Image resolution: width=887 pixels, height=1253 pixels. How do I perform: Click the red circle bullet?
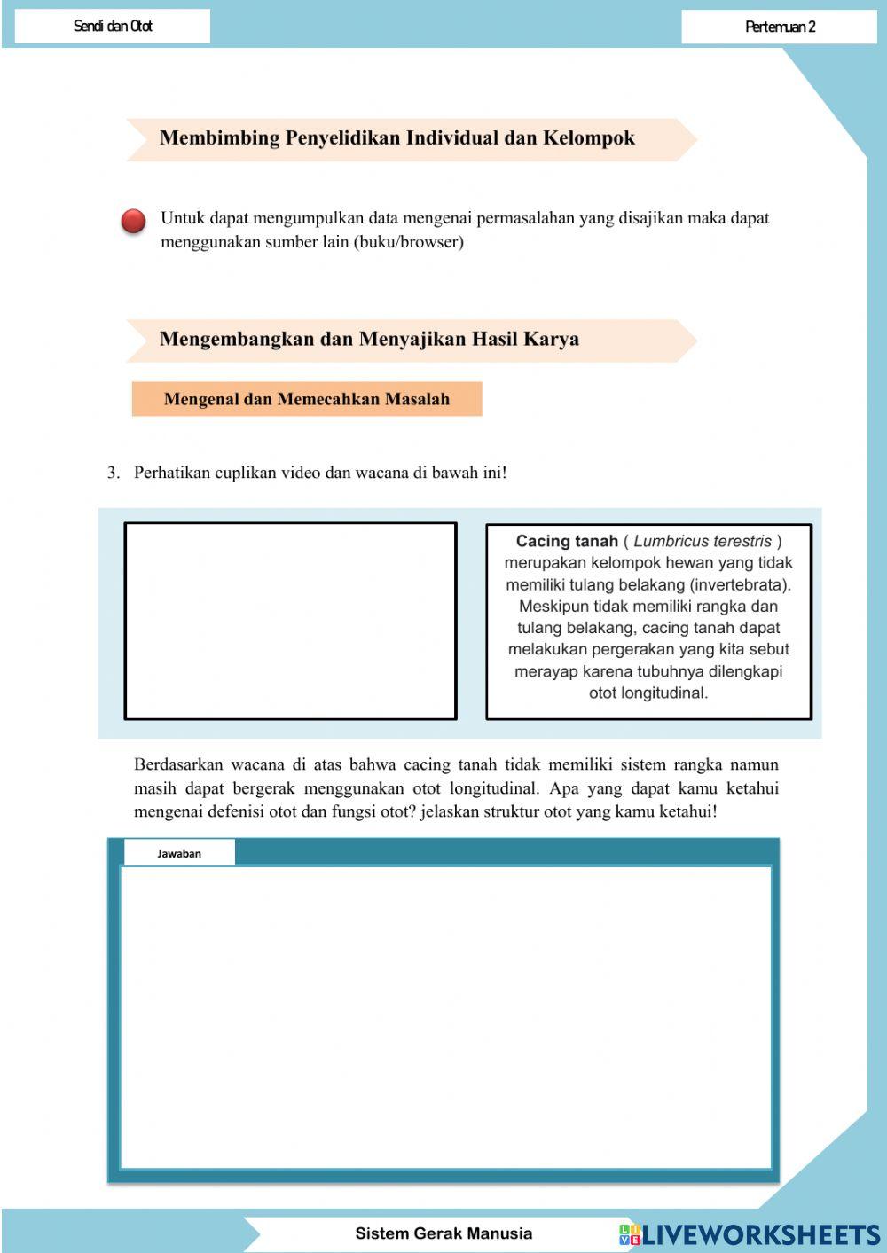pyautogui.click(x=133, y=221)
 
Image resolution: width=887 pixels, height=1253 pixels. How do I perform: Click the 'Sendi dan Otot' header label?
pyautogui.click(x=113, y=26)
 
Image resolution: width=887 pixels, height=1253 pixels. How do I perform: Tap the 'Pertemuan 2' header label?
pyautogui.click(x=780, y=27)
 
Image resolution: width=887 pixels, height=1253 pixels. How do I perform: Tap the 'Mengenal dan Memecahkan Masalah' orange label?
pyautogui.click(x=306, y=399)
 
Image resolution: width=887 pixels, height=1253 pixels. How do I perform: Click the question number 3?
pyautogui.click(x=113, y=473)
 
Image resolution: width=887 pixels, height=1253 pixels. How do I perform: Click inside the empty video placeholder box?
pyautogui.click(x=290, y=621)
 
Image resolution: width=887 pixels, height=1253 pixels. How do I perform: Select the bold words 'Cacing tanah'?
pyautogui.click(x=566, y=541)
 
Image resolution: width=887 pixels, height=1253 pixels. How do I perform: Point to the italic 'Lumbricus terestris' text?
pyautogui.click(x=703, y=541)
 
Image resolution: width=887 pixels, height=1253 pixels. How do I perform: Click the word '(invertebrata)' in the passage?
pyautogui.click(x=740, y=584)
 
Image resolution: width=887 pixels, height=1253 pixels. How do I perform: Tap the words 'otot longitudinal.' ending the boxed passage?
pyautogui.click(x=648, y=693)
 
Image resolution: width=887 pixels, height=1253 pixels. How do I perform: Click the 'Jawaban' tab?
pyautogui.click(x=179, y=853)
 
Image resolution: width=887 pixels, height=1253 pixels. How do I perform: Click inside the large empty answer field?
pyautogui.click(x=445, y=1017)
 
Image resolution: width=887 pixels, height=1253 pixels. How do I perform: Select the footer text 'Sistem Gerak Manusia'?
pyautogui.click(x=443, y=1233)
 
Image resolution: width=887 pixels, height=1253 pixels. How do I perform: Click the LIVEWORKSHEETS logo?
pyautogui.click(x=750, y=1234)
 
